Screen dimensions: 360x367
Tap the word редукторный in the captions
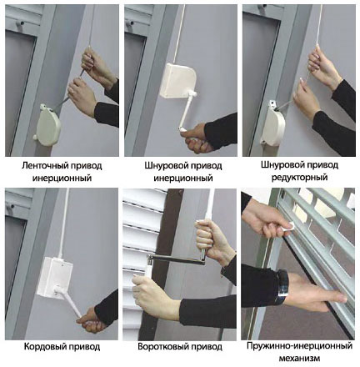[x=299, y=178]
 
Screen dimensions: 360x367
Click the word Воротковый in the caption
[x=162, y=347]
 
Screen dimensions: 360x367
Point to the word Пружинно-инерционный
[x=299, y=346]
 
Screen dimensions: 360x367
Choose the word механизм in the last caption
[x=299, y=358]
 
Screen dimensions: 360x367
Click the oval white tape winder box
[x=47, y=125]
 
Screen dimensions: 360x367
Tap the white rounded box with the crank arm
[x=177, y=81]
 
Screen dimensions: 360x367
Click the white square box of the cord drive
[x=55, y=276]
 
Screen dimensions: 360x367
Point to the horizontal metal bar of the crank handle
[x=177, y=259]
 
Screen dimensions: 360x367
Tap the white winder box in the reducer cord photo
[x=272, y=124]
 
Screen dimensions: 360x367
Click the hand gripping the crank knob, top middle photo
[x=195, y=138]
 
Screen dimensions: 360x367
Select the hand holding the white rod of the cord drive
[x=91, y=322]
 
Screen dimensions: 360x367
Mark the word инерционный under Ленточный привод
[x=62, y=178]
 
